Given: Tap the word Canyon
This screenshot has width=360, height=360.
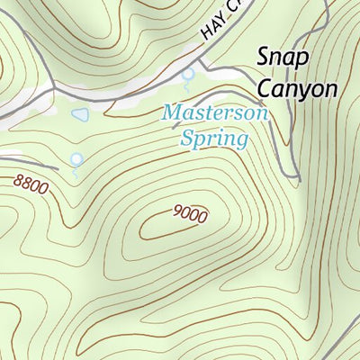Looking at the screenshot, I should [x=297, y=89].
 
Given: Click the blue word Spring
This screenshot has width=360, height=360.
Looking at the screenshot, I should [x=213, y=139].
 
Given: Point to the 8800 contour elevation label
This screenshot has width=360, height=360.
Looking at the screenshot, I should [x=30, y=184].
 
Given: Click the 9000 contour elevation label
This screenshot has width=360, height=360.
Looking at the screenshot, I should [x=190, y=214].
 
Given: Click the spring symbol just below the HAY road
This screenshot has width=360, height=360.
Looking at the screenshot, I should [x=188, y=77].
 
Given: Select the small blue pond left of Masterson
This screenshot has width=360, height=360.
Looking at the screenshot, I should [x=81, y=115].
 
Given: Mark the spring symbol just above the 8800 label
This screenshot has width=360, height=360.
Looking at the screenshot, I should [x=76, y=160].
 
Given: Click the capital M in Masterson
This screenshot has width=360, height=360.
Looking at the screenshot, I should [x=170, y=114].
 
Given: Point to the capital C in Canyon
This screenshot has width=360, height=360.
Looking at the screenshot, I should [x=265, y=88].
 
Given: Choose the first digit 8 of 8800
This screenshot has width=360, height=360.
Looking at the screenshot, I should [x=18, y=180].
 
